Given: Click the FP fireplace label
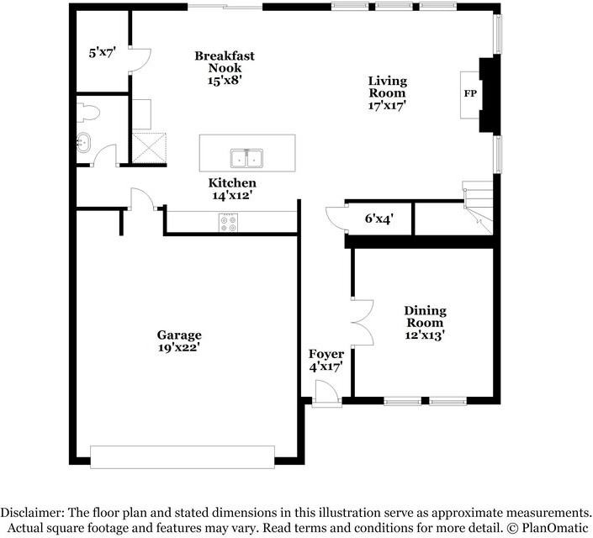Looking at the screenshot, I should (469, 93).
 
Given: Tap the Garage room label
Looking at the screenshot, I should (178, 335).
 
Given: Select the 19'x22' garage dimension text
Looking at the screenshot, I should (178, 346).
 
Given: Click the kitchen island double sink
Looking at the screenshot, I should (247, 157).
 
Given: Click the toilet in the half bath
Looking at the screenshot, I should (87, 112).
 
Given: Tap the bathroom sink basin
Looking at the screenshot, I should (83, 143).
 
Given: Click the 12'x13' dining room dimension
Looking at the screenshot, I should (426, 335).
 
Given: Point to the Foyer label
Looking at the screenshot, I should (326, 354).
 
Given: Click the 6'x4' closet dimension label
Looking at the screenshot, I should (379, 219).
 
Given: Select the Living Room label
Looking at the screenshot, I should (387, 87).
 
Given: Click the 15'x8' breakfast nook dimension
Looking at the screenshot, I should (225, 81).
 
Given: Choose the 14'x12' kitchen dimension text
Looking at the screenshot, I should (232, 195).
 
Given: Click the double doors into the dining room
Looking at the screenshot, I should (363, 322).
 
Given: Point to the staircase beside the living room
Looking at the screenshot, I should (478, 207).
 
